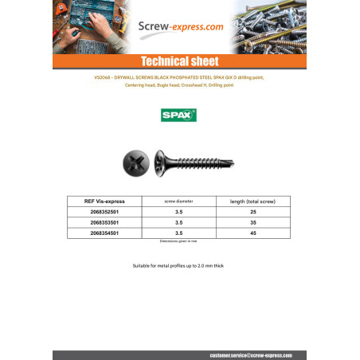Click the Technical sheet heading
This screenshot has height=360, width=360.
click(179, 61)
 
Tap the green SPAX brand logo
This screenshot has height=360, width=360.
click(179, 115)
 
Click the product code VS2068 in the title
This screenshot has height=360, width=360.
click(83, 78)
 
